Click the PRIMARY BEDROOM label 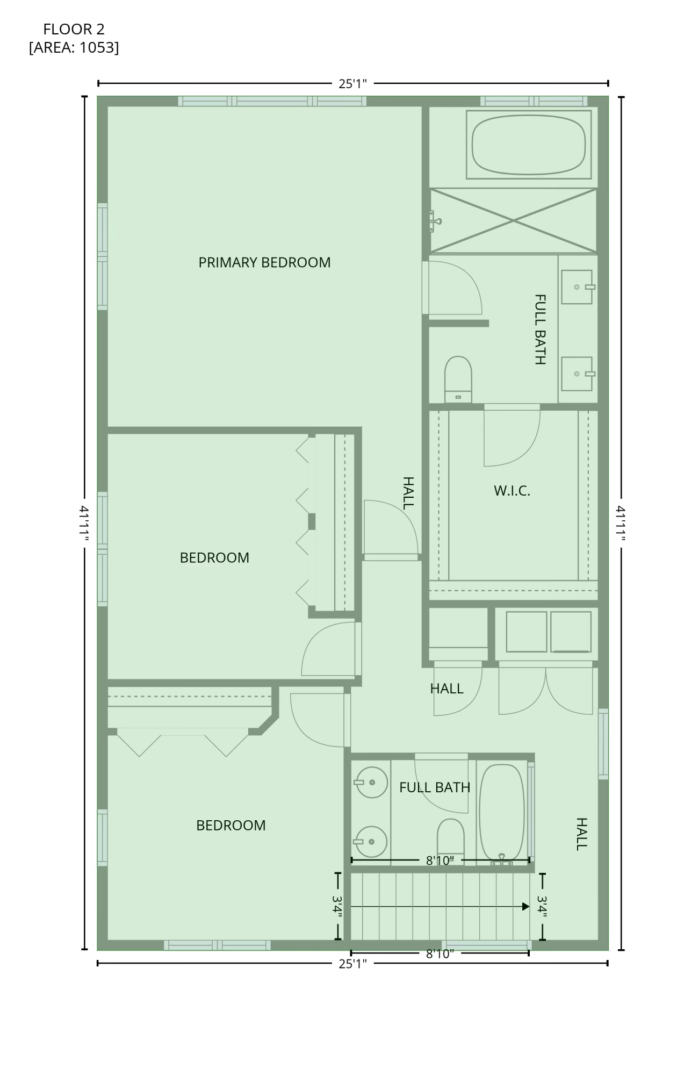264,262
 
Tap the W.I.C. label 512,491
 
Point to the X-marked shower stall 513,220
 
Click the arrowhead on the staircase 525,907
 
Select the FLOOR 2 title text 74,29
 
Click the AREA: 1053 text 74,48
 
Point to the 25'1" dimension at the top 352,84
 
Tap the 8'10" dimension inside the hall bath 440,861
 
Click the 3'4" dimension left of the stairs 338,907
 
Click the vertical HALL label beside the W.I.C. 408,493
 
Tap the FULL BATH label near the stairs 435,787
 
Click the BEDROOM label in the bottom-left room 231,825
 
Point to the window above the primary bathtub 534,101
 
